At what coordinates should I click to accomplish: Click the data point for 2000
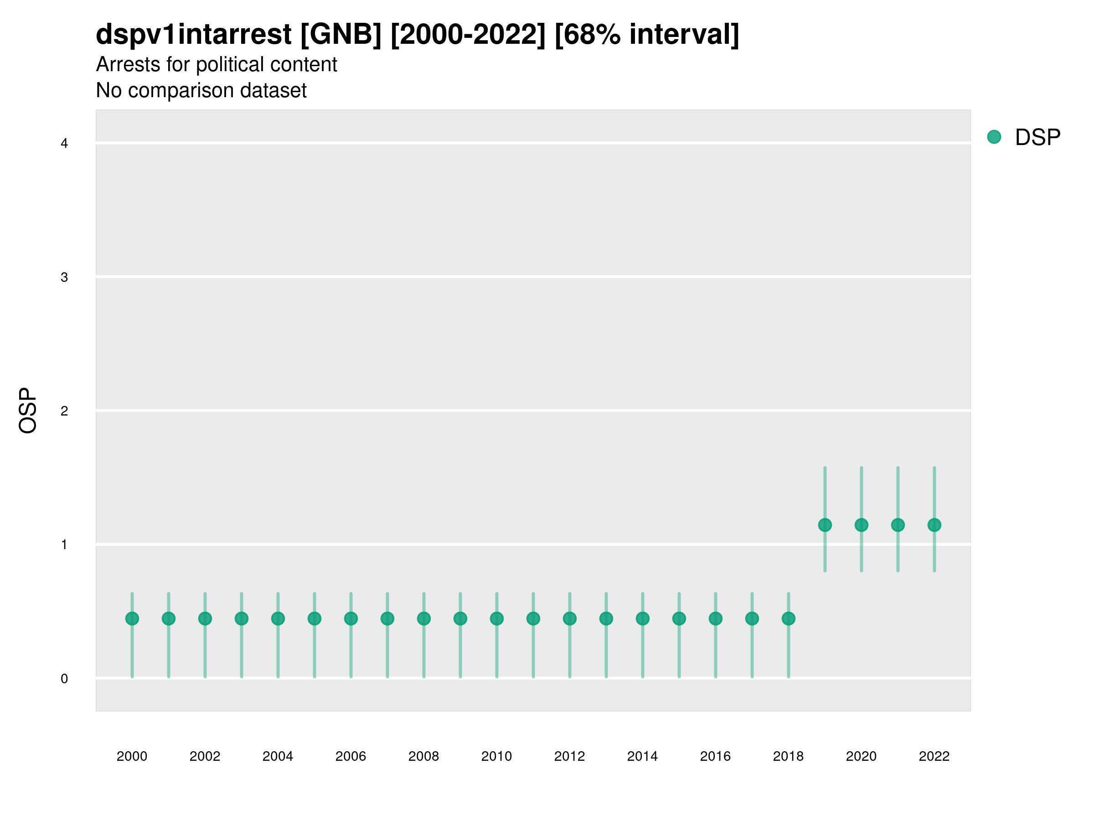click(132, 618)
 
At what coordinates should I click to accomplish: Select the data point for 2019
click(825, 525)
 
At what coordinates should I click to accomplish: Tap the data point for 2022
click(934, 525)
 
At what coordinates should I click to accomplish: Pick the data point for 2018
click(788, 618)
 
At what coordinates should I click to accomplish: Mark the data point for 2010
click(496, 618)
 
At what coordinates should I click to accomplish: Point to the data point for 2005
click(315, 618)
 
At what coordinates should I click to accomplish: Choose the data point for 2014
click(642, 618)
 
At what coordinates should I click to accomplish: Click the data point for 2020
click(862, 525)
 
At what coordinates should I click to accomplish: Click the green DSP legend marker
click(994, 137)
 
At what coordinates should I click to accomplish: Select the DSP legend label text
click(1037, 138)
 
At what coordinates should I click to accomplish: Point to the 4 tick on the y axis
click(64, 144)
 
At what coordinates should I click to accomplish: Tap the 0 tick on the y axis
click(64, 679)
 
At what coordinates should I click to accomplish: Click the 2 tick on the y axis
click(64, 411)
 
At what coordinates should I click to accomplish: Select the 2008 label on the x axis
click(424, 756)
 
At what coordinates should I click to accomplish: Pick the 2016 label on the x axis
click(716, 756)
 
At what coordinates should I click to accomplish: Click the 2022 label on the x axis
click(934, 756)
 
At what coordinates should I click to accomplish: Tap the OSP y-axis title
click(28, 411)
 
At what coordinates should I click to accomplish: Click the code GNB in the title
click(341, 35)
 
